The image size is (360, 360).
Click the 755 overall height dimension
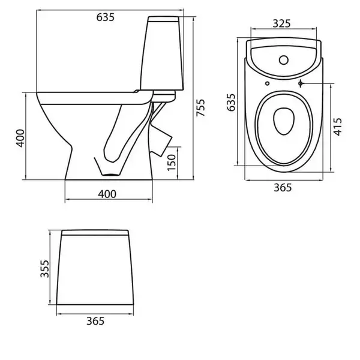(x=200, y=107)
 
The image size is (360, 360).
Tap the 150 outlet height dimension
(x=172, y=163)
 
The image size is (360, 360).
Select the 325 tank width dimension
(x=282, y=23)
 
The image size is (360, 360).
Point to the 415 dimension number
(x=337, y=127)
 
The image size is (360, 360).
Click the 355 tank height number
(x=44, y=269)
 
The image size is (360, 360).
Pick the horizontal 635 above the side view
(x=106, y=17)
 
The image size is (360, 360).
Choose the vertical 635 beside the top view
(x=231, y=103)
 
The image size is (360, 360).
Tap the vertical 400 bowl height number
(x=20, y=138)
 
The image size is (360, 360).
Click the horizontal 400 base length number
(x=107, y=194)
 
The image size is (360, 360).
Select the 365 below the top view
(x=283, y=188)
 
